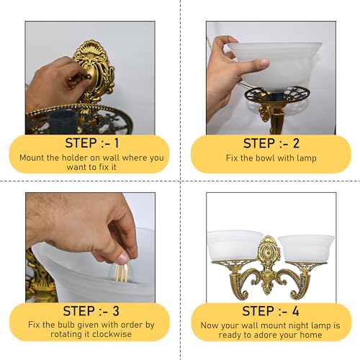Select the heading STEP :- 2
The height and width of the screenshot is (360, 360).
(269, 142)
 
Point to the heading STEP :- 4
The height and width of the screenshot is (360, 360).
(269, 311)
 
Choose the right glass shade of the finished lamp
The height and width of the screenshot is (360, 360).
(302, 249)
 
